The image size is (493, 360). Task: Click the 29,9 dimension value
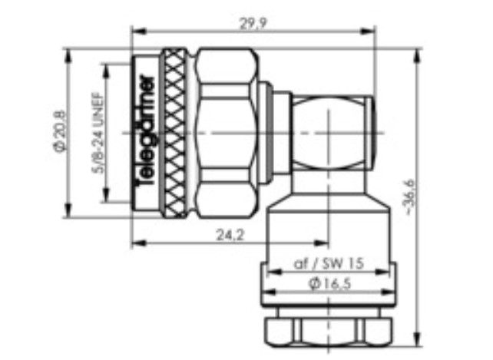click(253, 23)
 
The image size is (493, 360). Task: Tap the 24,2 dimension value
click(230, 235)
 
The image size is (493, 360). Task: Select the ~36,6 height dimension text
click(411, 197)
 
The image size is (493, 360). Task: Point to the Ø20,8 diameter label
click(60, 131)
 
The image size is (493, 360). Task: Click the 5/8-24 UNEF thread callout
click(98, 133)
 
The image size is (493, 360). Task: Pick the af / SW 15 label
click(329, 263)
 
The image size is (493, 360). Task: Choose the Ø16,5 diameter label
click(330, 284)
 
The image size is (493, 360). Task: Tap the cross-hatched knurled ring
click(174, 133)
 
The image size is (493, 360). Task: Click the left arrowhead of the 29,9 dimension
click(139, 31)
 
